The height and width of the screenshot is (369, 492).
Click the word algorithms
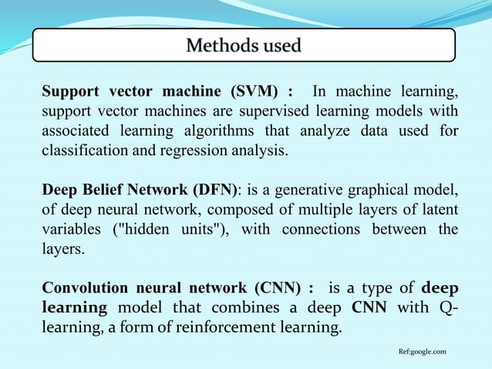230,131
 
